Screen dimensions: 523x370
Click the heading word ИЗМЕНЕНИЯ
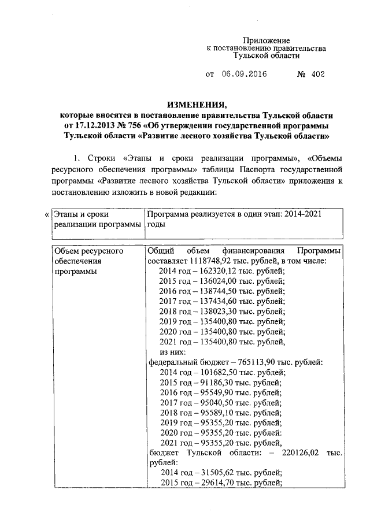[196, 105]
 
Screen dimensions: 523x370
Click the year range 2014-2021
[300, 214]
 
